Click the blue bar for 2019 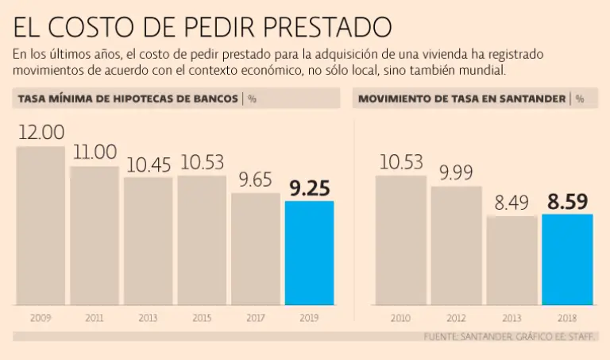pyautogui.click(x=309, y=253)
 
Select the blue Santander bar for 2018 pyautogui.click(x=567, y=259)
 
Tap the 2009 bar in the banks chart pyautogui.click(x=41, y=226)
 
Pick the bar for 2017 pyautogui.click(x=255, y=249)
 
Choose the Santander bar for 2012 pyautogui.click(x=457, y=246)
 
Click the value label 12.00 pyautogui.click(x=41, y=133)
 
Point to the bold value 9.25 pyautogui.click(x=309, y=188)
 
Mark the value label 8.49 pyautogui.click(x=512, y=203)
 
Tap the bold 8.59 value pyautogui.click(x=567, y=201)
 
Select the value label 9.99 pyautogui.click(x=457, y=173)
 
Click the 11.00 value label pyautogui.click(x=95, y=153)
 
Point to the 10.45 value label pyautogui.click(x=148, y=165)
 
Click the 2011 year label pyautogui.click(x=95, y=318)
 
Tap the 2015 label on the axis pyautogui.click(x=202, y=318)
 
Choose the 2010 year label pyautogui.click(x=401, y=318)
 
